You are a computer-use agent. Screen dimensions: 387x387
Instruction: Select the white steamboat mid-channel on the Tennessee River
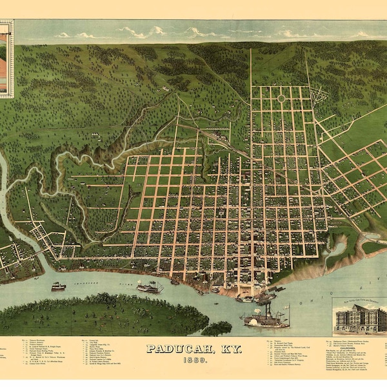tap(150, 287)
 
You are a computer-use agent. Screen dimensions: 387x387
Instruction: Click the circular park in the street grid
tap(281, 98)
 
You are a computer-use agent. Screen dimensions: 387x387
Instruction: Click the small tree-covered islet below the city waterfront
tap(217, 328)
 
